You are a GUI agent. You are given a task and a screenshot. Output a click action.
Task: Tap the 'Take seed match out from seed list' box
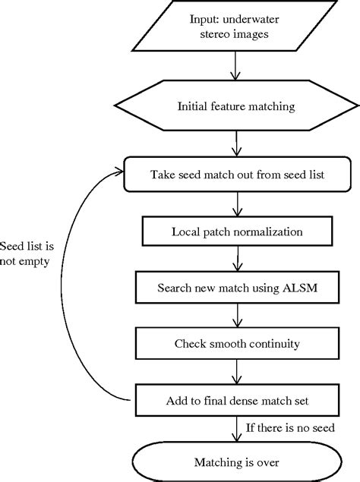(238, 175)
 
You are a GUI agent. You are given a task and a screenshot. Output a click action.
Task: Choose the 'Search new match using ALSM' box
(238, 288)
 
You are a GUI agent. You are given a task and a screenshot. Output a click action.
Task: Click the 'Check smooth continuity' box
(238, 344)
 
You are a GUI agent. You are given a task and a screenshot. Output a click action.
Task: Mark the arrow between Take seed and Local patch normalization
(238, 203)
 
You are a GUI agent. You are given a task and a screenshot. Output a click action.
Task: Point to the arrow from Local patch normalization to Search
(238, 260)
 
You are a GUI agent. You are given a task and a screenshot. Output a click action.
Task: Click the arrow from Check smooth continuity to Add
(238, 372)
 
